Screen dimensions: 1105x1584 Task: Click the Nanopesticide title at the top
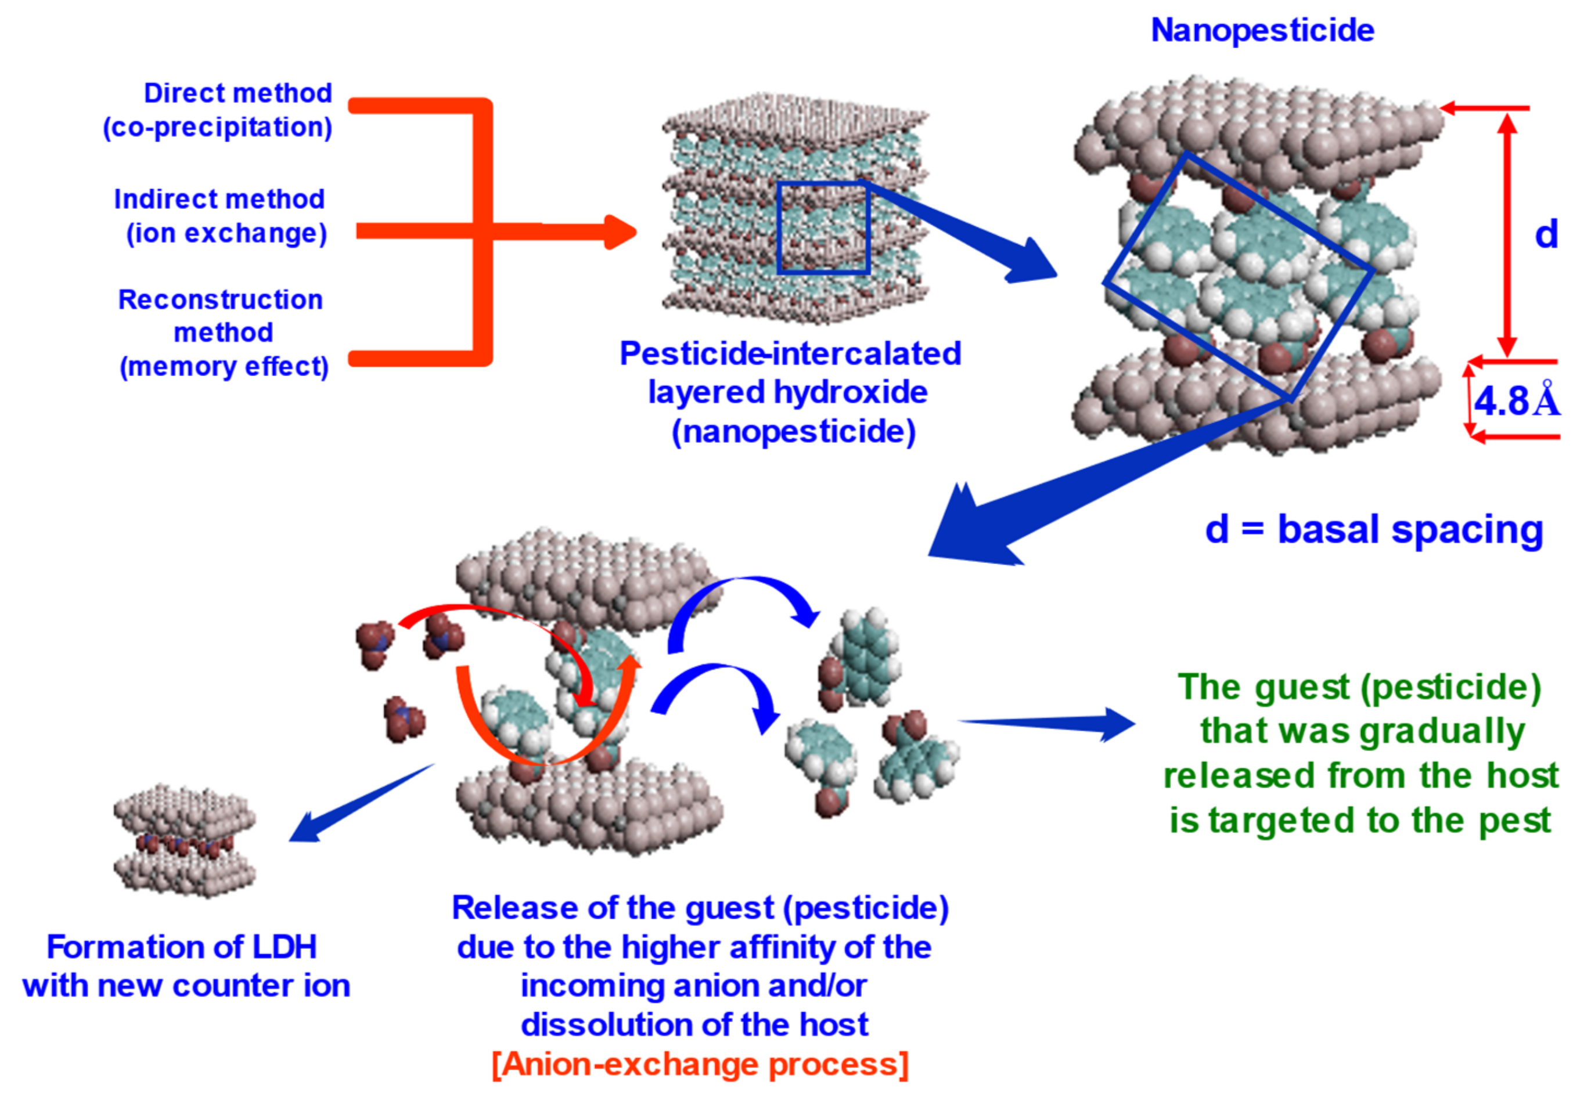coord(1262,30)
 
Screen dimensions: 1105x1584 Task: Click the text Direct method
coord(237,93)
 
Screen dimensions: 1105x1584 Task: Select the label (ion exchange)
coord(226,233)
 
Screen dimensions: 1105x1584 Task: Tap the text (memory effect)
coord(224,366)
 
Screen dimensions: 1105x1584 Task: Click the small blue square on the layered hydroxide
coord(822,228)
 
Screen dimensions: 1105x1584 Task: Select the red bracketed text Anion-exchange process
coord(700,1064)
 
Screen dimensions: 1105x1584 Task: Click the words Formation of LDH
coord(181,947)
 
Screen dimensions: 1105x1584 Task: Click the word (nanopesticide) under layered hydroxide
coord(793,432)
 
